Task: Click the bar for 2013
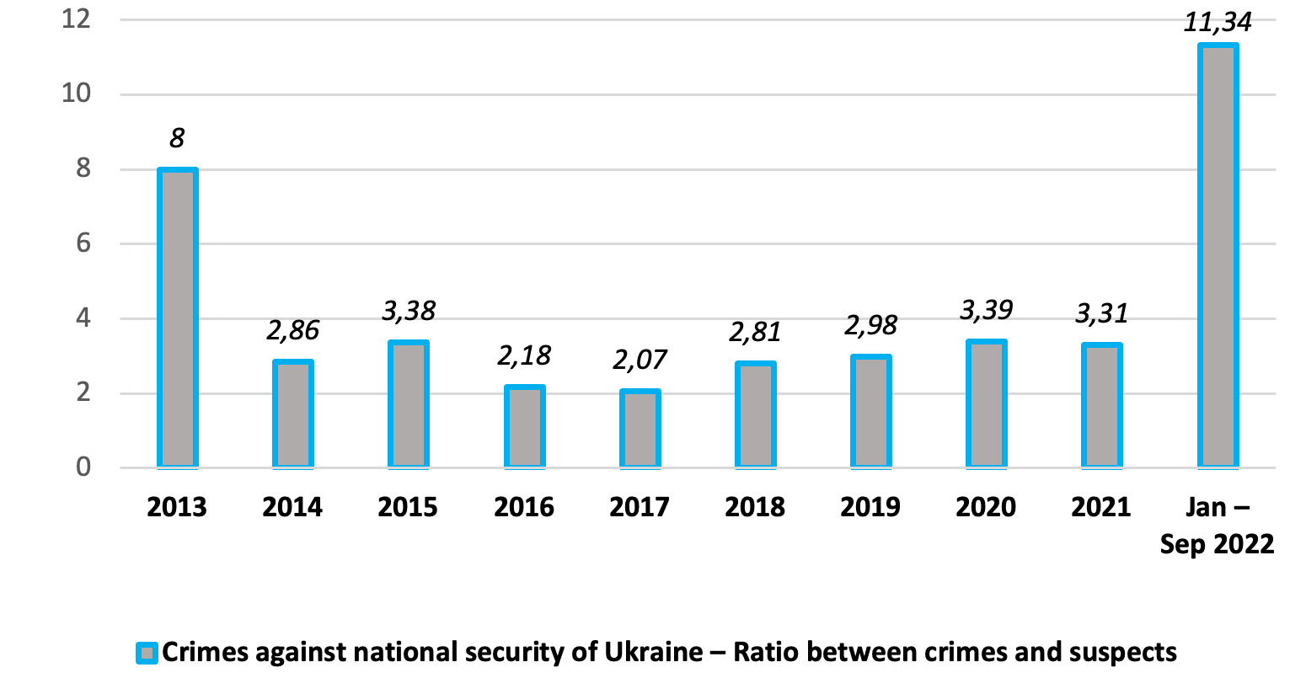tap(177, 318)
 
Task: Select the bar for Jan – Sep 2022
tap(1218, 256)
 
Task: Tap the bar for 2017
tap(640, 429)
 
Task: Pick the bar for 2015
tap(409, 404)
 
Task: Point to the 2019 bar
tap(871, 411)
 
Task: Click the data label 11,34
tap(1218, 22)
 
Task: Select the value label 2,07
tap(640, 360)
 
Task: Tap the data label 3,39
tap(987, 311)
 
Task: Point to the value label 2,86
tap(292, 331)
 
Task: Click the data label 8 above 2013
tap(177, 138)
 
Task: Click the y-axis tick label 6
tap(83, 243)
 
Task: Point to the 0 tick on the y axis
tap(83, 467)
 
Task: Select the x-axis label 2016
tap(524, 507)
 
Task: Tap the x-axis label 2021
tap(1102, 507)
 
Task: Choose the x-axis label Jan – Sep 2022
tap(1218, 526)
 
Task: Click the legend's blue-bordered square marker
tap(147, 653)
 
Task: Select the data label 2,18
tap(524, 356)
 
